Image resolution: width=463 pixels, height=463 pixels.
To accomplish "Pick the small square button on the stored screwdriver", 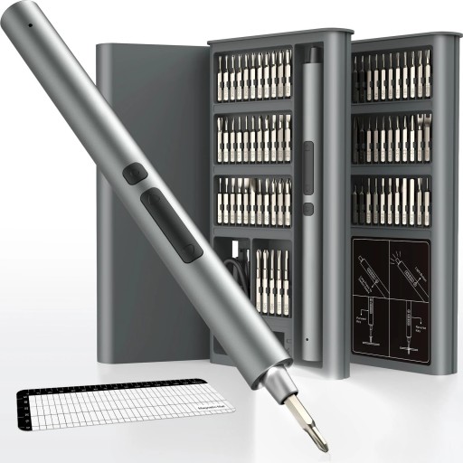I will point(308,208).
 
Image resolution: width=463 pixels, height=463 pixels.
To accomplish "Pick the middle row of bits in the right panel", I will point(391,138).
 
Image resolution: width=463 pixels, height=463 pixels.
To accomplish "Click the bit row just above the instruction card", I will point(391,201).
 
